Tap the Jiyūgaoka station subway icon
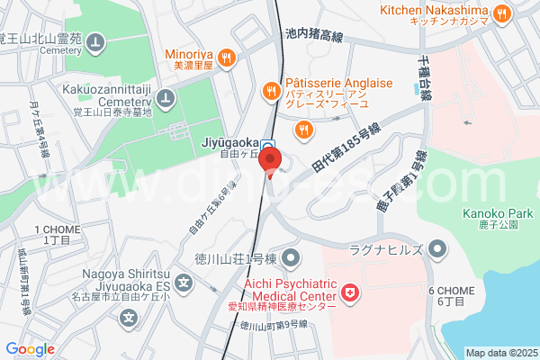268,144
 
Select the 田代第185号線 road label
347,151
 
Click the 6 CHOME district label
452,296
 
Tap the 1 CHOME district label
57,237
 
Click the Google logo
30,349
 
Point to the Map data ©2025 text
499,353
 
